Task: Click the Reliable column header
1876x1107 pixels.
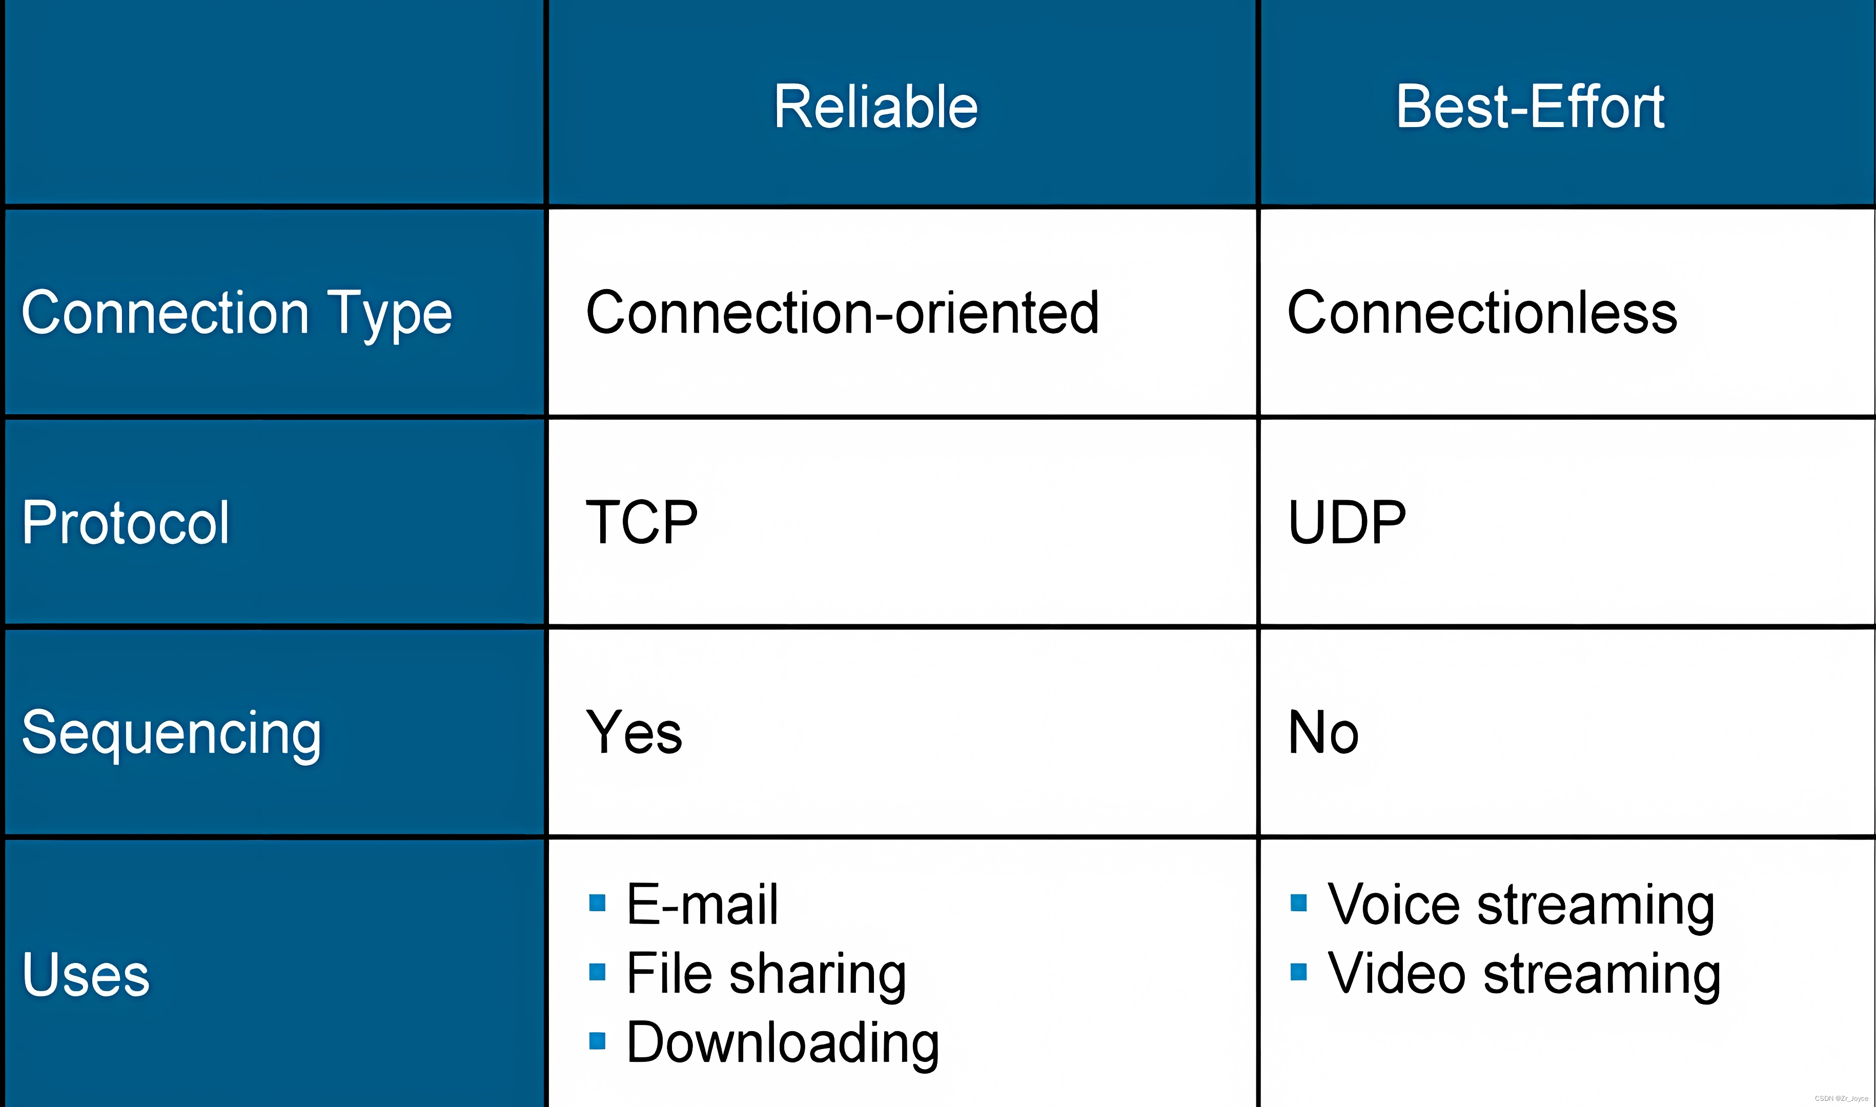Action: [875, 107]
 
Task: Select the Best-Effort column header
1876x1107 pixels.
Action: [1530, 107]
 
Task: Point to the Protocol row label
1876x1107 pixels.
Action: [125, 522]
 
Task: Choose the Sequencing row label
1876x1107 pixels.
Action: [172, 732]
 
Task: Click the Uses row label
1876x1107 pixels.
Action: [86, 974]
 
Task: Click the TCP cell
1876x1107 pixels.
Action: [642, 522]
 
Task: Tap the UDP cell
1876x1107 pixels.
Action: [1347, 522]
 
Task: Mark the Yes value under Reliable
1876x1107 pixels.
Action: [634, 732]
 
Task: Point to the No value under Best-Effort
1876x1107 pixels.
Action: [1323, 732]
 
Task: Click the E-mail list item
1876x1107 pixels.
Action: [702, 904]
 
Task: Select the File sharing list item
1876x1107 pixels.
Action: [766, 973]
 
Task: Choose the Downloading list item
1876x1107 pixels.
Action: [783, 1042]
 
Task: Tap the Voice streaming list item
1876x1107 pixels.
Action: [1520, 904]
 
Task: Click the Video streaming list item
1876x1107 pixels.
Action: [1524, 973]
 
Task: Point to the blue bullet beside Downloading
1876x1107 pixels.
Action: [597, 1040]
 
